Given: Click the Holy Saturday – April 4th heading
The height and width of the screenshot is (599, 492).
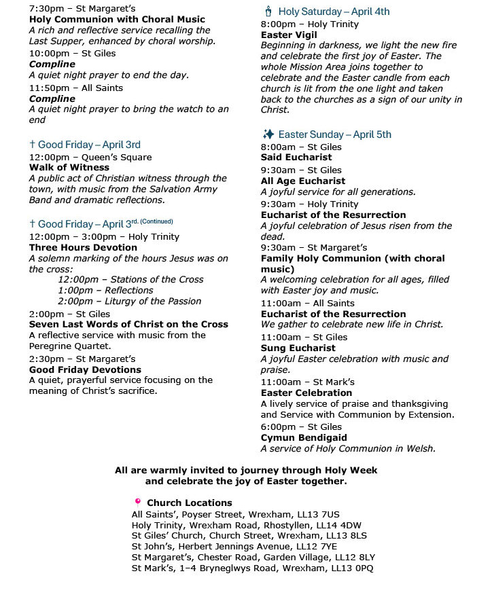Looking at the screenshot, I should point(334,12).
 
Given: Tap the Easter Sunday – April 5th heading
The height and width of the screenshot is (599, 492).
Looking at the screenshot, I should point(334,134).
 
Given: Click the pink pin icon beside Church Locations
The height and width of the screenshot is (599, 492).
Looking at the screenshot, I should point(137,502).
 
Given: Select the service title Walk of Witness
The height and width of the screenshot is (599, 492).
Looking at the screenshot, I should point(69,167).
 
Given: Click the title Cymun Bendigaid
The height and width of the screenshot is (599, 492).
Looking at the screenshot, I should point(304,437).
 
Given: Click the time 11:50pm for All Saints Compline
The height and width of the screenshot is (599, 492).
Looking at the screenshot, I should point(48,88).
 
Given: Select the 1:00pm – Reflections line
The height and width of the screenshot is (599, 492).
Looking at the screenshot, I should point(105,290).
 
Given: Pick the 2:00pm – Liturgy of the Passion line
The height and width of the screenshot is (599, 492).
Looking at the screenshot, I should point(129,301).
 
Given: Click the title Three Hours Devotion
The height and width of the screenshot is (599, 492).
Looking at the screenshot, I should point(83,247).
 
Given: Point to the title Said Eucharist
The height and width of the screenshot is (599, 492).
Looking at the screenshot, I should point(296,158).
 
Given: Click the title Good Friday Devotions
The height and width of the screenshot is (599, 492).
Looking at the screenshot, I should point(85,369).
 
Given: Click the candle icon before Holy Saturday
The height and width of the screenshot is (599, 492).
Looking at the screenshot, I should point(267,12).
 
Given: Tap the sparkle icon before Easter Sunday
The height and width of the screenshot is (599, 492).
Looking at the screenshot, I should point(268,134).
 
